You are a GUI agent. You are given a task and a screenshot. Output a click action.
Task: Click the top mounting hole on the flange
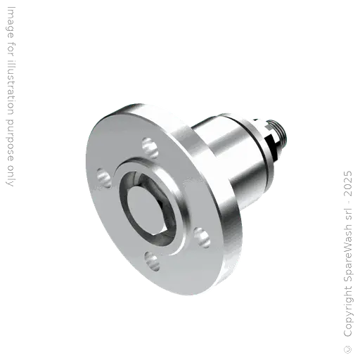[148, 146]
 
